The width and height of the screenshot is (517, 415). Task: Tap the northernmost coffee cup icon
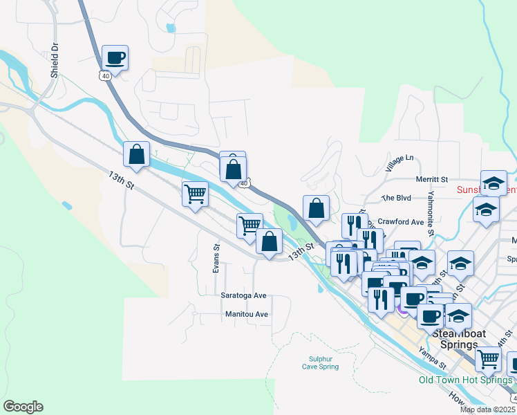click(115, 58)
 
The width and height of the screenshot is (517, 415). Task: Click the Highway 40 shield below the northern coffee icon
click(105, 76)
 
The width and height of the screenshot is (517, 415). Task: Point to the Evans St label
click(216, 257)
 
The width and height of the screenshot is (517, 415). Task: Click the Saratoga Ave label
click(243, 295)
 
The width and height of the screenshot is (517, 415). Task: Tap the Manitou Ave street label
click(246, 314)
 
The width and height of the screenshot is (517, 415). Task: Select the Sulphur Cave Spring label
click(320, 362)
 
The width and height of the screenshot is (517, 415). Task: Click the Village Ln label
click(399, 163)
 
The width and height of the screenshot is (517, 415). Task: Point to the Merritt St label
click(432, 179)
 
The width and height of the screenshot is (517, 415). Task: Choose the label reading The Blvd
click(397, 198)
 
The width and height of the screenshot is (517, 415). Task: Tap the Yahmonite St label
click(431, 212)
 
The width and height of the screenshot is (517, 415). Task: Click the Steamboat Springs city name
click(458, 339)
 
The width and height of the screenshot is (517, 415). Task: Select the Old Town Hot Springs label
click(466, 380)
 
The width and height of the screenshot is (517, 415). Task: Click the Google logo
click(23, 407)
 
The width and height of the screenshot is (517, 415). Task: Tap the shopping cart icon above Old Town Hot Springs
click(488, 359)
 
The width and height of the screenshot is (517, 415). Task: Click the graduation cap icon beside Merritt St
click(493, 183)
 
